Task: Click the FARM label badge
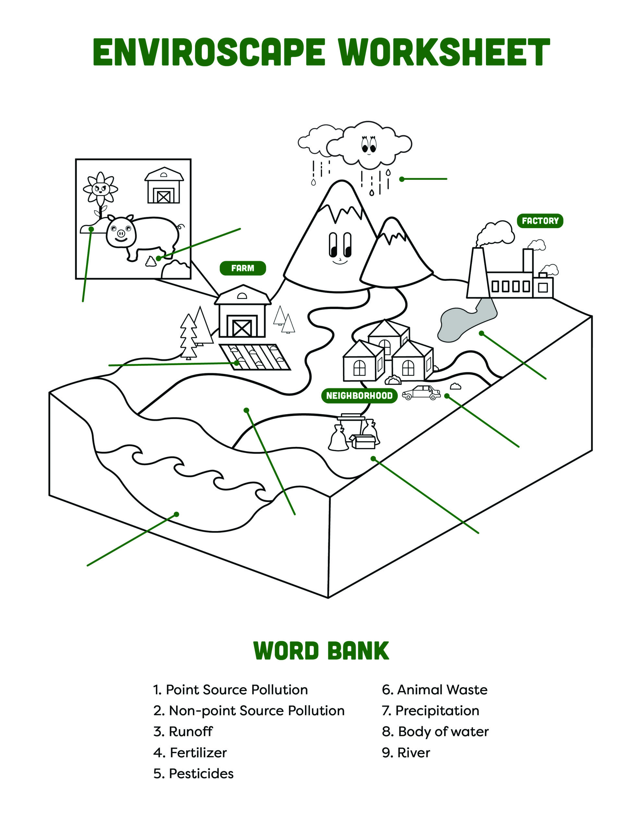pyautogui.click(x=243, y=268)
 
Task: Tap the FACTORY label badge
pyautogui.click(x=540, y=221)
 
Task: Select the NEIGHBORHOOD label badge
pyautogui.click(x=359, y=396)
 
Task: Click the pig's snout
pyautogui.click(x=121, y=232)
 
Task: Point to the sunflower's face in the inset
pyautogui.click(x=101, y=188)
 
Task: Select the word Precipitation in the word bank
pyautogui.click(x=437, y=711)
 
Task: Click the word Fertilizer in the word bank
pyautogui.click(x=198, y=753)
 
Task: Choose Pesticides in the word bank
pyautogui.click(x=201, y=774)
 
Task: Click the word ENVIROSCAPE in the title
pyautogui.click(x=209, y=52)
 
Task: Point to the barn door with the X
pyautogui.click(x=242, y=328)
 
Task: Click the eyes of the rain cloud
pyautogui.click(x=368, y=144)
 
